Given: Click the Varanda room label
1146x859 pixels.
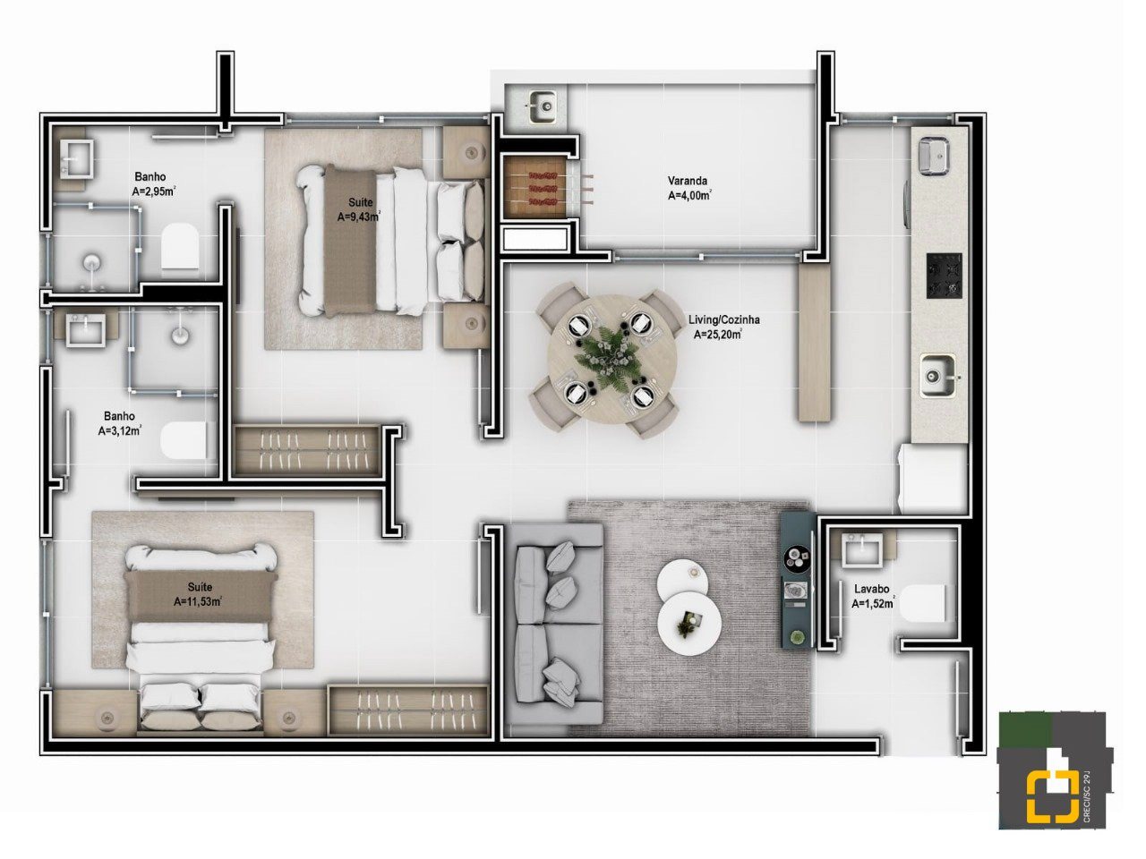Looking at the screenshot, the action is [x=687, y=181].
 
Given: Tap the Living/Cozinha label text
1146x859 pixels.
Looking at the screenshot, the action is [x=723, y=319].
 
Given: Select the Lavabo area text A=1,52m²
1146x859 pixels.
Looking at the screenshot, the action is [x=872, y=603].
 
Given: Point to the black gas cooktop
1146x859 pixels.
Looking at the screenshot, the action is [x=944, y=276].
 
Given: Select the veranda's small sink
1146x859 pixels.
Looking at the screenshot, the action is [x=543, y=106].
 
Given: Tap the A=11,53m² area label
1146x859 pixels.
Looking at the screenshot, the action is [x=199, y=601].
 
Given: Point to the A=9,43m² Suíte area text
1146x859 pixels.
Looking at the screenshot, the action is [x=359, y=217].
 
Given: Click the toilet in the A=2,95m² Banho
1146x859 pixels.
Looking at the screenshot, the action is [x=180, y=246].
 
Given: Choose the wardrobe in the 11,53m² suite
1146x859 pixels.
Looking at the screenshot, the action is [x=408, y=710].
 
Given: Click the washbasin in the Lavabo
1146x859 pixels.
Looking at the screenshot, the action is [x=862, y=549].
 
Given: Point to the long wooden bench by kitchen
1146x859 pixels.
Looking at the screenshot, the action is [x=815, y=344].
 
